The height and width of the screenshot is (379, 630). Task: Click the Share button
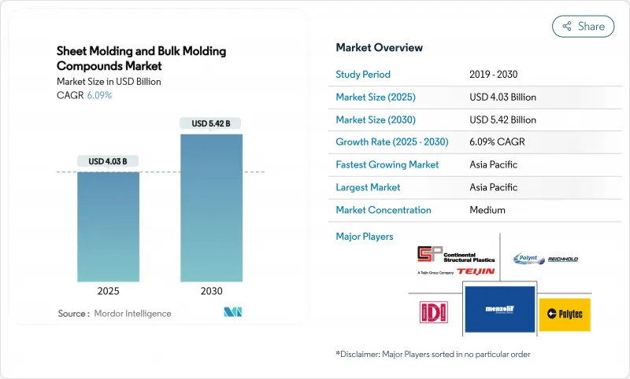tap(583, 26)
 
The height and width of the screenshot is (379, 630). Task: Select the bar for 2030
tap(211, 208)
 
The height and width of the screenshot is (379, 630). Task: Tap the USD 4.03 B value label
tap(108, 161)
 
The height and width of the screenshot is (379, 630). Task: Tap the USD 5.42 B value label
tap(211, 123)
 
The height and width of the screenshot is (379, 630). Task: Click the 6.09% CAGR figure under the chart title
tap(98, 95)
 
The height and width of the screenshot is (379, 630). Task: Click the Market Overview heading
tap(380, 47)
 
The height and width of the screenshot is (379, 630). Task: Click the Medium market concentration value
tap(487, 210)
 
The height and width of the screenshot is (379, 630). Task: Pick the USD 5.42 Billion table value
tap(502, 120)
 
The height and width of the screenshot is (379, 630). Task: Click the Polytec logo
tap(565, 315)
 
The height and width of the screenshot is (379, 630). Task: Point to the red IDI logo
tap(432, 311)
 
